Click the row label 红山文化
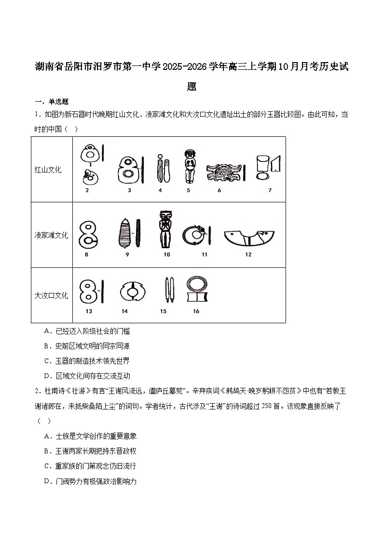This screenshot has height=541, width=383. coord(48,170)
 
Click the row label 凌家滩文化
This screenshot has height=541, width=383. coord(51,235)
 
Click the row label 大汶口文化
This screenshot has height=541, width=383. coord(51,295)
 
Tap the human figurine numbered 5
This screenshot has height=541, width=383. coord(189,166)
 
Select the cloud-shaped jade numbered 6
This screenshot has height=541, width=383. coord(223,172)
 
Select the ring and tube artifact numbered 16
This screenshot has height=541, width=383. coord(196,290)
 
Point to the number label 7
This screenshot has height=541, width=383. coord(270,190)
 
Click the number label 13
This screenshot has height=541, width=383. coord(89,311)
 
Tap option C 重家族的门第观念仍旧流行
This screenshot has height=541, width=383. coord(90,466)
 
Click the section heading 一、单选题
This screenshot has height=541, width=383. coord(52,102)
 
